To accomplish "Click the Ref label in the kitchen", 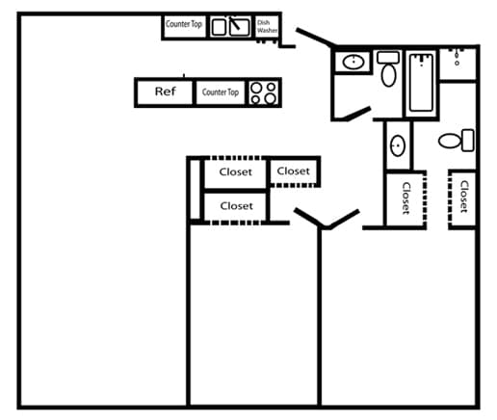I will pos(166,92).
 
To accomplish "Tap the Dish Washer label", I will pos(267,26).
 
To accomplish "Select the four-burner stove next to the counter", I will pos(264,92).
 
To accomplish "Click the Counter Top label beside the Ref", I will pos(220,92).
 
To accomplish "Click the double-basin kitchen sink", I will pos(231,26).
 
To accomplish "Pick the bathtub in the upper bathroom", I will pos(421,82).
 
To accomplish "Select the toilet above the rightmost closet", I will pos(456,141).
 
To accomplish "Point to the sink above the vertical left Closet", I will pos(398,147).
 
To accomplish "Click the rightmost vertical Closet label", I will pos(463,197).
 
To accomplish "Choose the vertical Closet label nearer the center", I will pos(405,198).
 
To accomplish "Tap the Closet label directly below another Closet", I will pos(236,205).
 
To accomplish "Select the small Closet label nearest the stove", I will pos(293,171).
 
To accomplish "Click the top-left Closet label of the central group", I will pos(235,172).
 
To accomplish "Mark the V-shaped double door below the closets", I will pos(327,219).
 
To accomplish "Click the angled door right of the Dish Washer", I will pos(314,39).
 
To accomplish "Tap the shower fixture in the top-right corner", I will pos(457,60).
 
